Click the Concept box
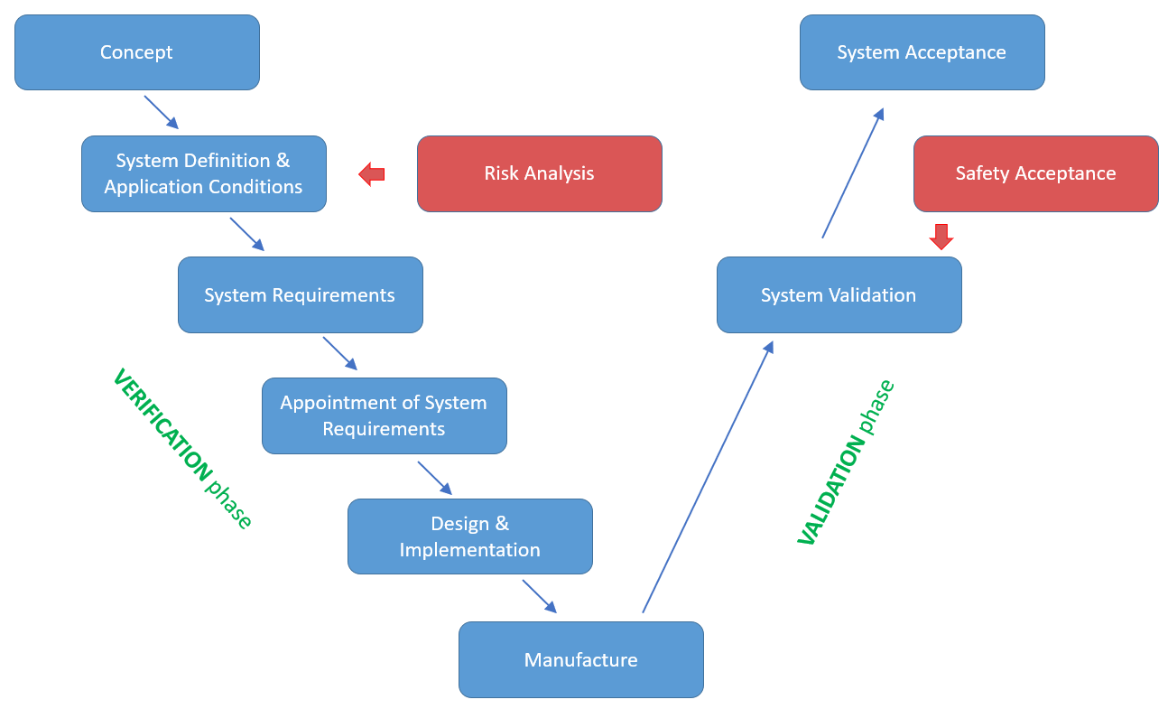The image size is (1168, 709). [x=137, y=52]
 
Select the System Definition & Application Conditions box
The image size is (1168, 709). [x=204, y=173]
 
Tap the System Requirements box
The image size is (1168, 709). [x=300, y=294]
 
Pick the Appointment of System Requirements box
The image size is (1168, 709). [x=384, y=415]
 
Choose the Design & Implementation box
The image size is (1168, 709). [x=469, y=536]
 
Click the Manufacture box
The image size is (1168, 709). [x=580, y=659]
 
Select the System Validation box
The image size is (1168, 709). [x=839, y=294]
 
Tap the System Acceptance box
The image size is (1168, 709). [x=922, y=52]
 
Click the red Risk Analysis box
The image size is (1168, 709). [x=539, y=173]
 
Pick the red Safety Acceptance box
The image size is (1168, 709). [x=1035, y=173]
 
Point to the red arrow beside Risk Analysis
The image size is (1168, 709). [x=372, y=173]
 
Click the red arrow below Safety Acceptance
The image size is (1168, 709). [x=941, y=236]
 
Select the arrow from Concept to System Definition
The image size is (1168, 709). [x=162, y=113]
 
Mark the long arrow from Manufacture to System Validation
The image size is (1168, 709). [x=708, y=477]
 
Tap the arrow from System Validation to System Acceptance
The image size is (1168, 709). [x=853, y=173]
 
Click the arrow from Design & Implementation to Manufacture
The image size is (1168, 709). [x=539, y=596]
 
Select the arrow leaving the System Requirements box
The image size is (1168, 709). [x=340, y=353]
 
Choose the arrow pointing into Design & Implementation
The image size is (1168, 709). [x=434, y=478]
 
